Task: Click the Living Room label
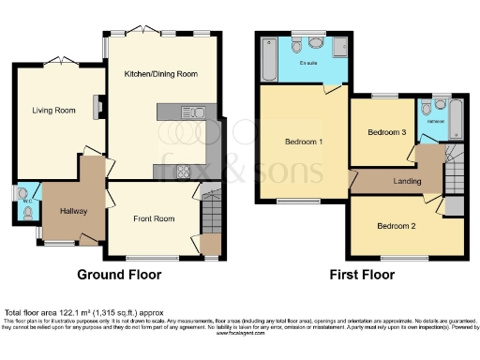tap(53, 111)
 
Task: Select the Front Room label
tap(153, 218)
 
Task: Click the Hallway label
tap(73, 212)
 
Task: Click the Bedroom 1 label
tap(304, 142)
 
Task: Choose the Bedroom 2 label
tap(396, 226)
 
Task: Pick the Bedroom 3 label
tap(386, 133)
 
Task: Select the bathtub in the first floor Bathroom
tap(456, 120)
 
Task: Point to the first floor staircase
tap(454, 173)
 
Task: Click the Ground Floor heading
tap(119, 275)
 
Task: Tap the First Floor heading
tap(361, 275)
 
